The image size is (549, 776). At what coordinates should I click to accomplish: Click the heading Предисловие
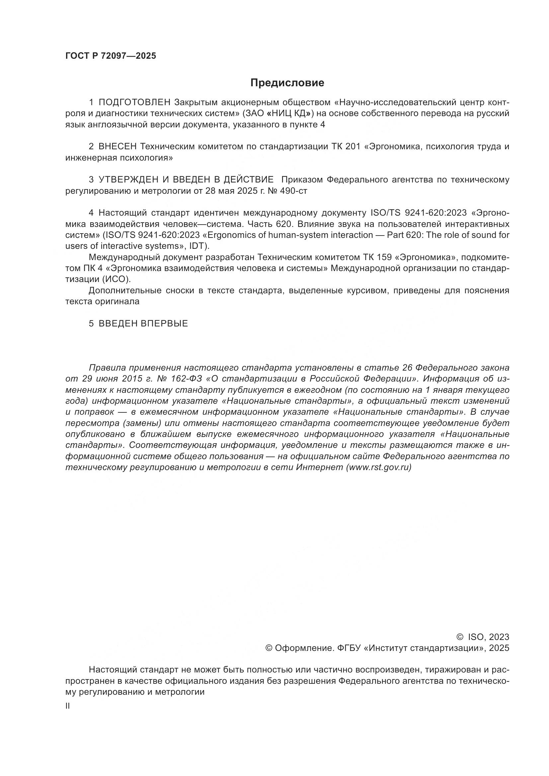click(x=287, y=83)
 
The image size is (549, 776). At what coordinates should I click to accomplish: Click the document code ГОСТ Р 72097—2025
click(x=111, y=56)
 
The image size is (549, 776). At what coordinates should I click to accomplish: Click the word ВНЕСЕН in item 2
click(x=117, y=147)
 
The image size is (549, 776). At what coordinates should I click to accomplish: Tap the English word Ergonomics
click(x=235, y=235)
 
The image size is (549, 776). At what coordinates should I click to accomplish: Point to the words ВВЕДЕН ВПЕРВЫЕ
click(x=143, y=323)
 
